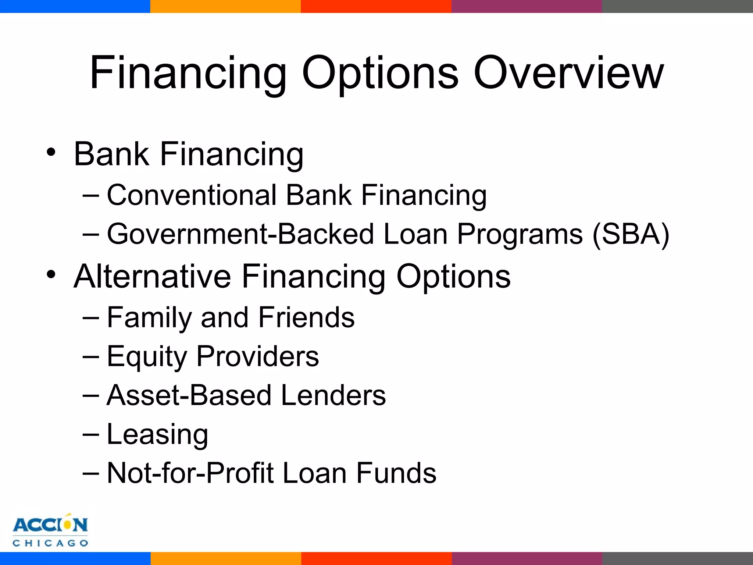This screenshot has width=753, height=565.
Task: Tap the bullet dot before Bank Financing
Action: (51, 152)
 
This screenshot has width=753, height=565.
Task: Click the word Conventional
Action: (191, 195)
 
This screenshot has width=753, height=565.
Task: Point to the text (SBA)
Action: (631, 234)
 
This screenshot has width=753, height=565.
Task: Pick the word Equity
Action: (147, 357)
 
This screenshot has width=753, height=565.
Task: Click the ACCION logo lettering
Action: (50, 525)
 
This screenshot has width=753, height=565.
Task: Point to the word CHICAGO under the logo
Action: (50, 543)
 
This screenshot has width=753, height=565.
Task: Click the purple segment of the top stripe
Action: (527, 6)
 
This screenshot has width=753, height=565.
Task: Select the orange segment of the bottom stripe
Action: (226, 558)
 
